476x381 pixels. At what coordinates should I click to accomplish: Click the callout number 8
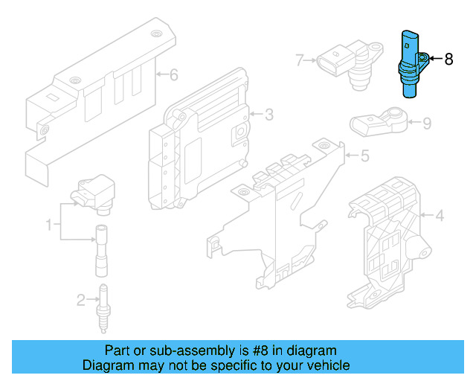point(448,59)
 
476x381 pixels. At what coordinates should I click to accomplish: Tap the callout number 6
point(174,74)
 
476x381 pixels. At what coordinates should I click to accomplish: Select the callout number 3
point(268,114)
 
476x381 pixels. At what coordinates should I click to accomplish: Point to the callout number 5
point(364,156)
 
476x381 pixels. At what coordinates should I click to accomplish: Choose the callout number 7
point(300,60)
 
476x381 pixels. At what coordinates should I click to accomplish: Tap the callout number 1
point(50,224)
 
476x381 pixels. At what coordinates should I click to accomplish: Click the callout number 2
point(81,300)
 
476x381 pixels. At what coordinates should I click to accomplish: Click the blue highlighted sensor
point(411,63)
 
